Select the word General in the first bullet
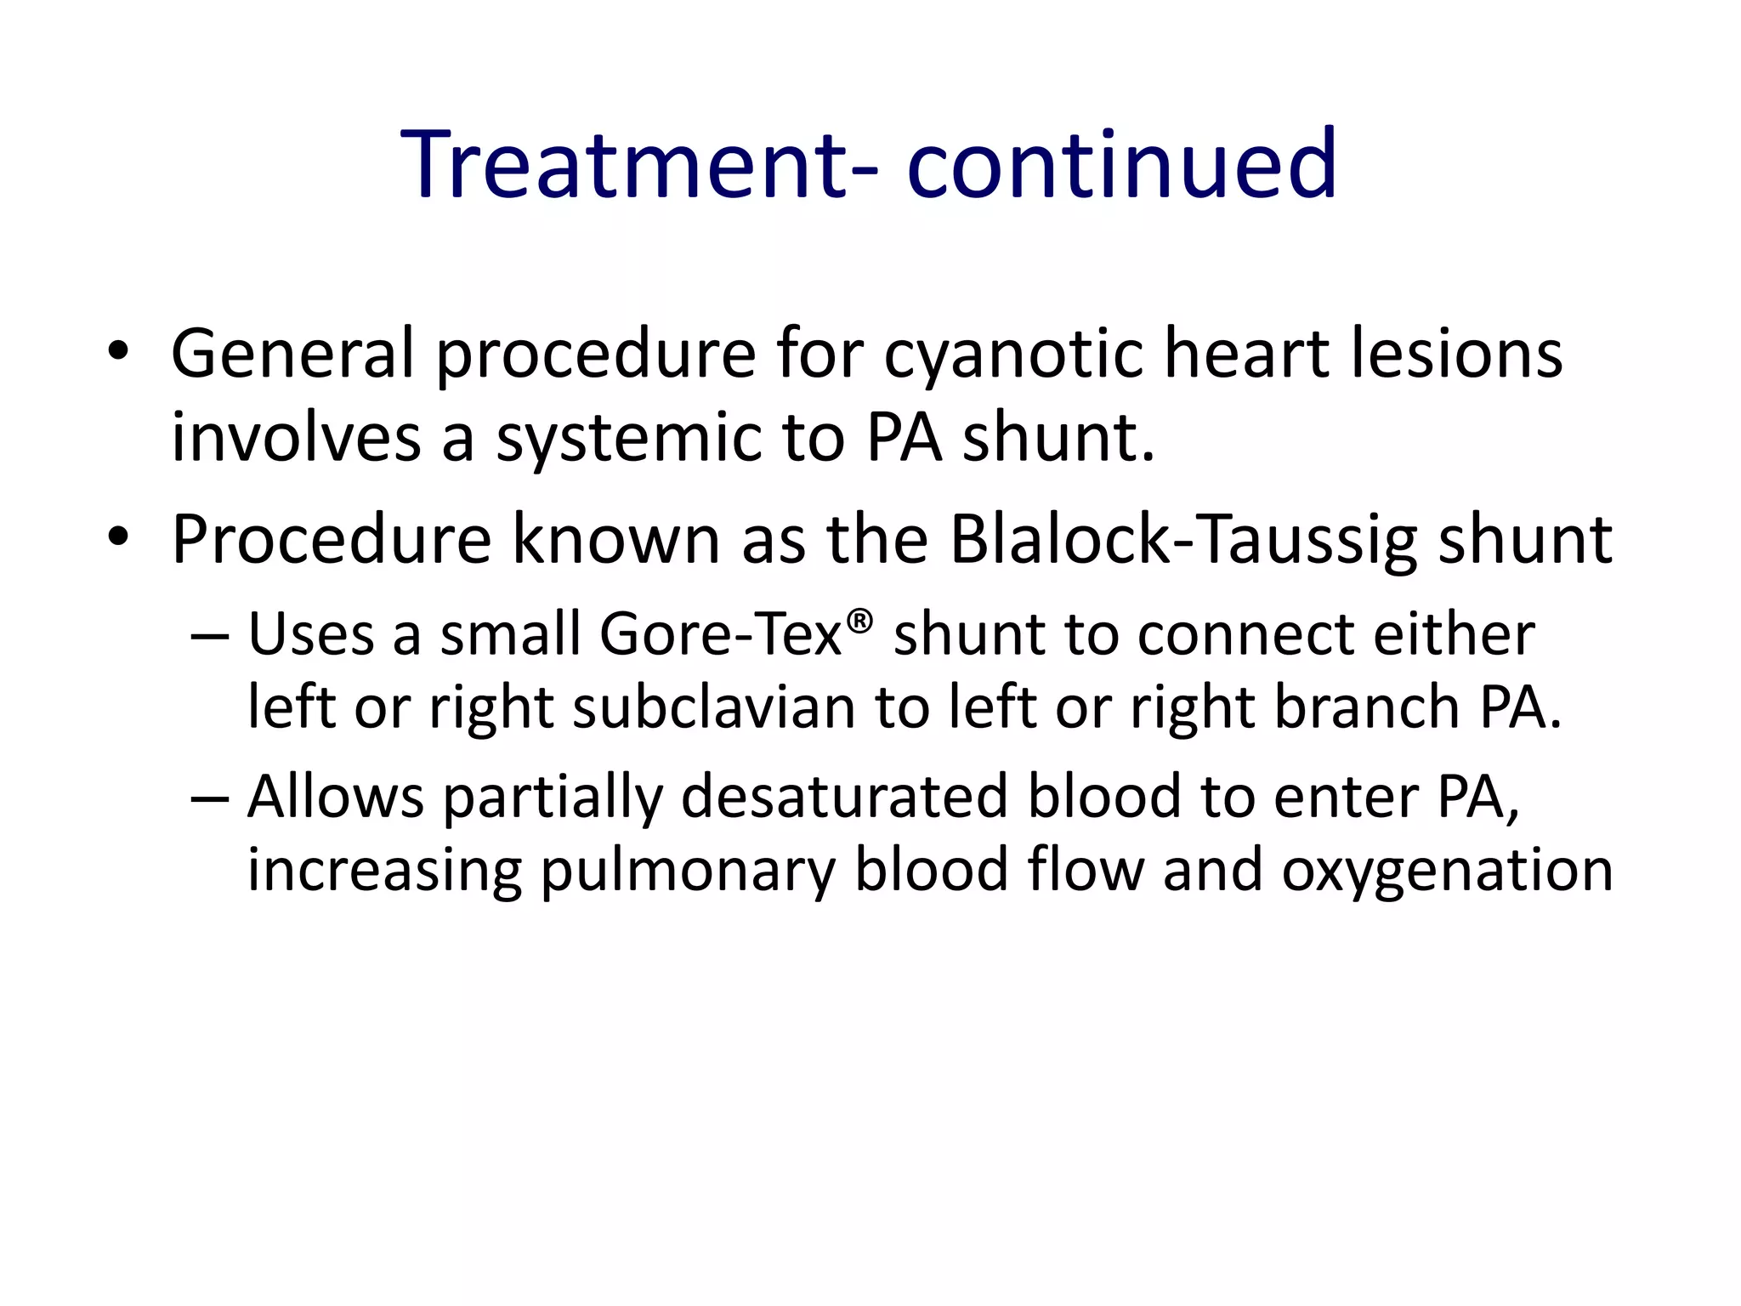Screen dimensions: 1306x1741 pos(292,354)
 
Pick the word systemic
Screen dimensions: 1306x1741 pos(627,439)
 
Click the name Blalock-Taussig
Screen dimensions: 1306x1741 pos(1182,541)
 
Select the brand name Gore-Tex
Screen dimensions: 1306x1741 pos(720,635)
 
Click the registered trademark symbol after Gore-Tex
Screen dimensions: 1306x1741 pos(859,621)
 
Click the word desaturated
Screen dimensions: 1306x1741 pos(844,798)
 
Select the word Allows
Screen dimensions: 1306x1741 pos(335,798)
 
